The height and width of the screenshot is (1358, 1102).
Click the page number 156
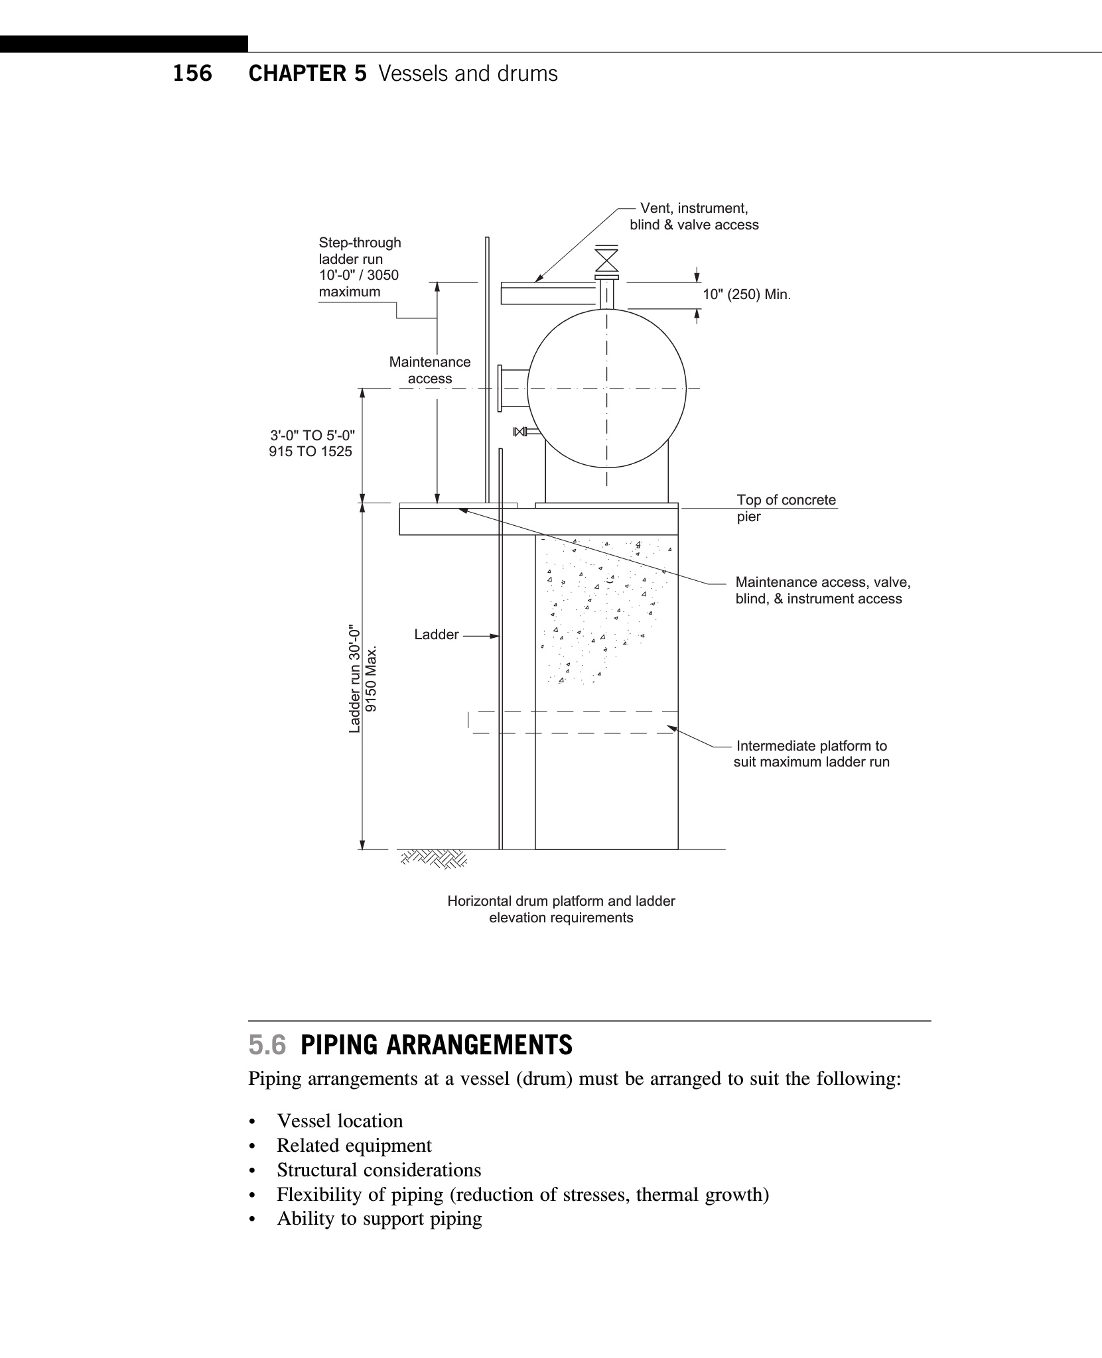[x=192, y=74]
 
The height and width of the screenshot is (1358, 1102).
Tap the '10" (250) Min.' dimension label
[x=747, y=294]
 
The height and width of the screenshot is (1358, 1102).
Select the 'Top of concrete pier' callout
[x=786, y=508]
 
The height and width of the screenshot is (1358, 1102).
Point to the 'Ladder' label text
[x=436, y=635]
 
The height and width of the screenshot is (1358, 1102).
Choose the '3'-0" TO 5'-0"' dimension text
[x=312, y=436]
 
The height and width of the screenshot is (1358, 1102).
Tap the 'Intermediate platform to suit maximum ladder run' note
[x=811, y=754]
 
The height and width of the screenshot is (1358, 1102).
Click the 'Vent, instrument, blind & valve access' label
[x=694, y=217]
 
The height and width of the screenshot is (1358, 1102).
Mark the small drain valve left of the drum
[x=520, y=432]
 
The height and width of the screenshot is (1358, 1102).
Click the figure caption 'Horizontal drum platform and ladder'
[x=561, y=901]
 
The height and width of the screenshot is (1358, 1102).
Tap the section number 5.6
[x=267, y=1046]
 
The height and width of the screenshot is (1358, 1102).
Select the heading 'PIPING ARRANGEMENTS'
[x=437, y=1046]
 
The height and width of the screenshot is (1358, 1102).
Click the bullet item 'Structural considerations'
[x=379, y=1170]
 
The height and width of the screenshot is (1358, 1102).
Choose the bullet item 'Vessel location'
[x=340, y=1121]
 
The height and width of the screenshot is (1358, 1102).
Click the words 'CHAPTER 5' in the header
[x=307, y=74]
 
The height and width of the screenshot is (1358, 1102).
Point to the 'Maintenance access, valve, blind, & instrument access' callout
[x=823, y=590]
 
